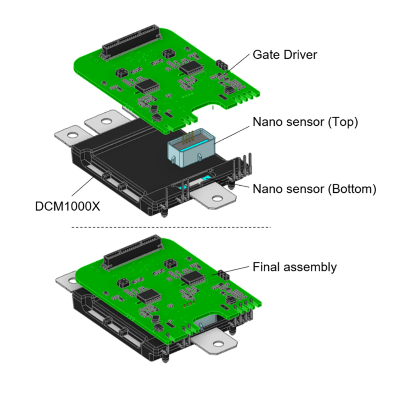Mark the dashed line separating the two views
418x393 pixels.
171,227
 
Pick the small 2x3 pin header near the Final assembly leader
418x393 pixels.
222,275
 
